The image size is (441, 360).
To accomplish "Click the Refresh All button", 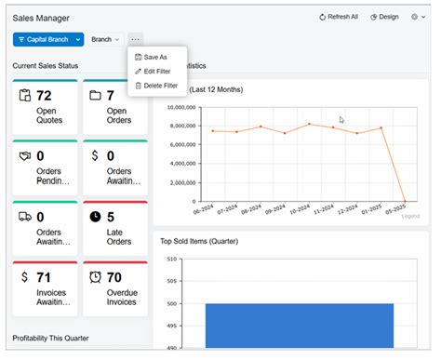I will pyautogui.click(x=339, y=17).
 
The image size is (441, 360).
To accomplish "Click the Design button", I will pyautogui.click(x=384, y=17).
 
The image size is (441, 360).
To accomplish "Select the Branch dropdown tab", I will pyautogui.click(x=104, y=40).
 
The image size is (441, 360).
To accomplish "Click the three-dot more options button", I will pyautogui.click(x=136, y=40).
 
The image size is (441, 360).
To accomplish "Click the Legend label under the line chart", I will pyautogui.click(x=410, y=216).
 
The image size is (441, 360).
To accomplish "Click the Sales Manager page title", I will pyautogui.click(x=41, y=18).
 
